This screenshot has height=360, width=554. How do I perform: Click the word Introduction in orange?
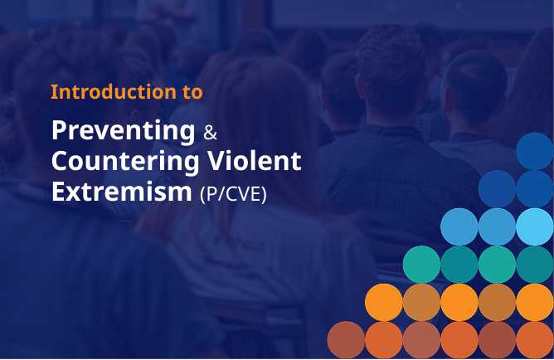(x=114, y=92)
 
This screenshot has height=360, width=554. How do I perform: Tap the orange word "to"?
(x=192, y=93)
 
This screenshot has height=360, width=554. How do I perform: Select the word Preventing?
(x=124, y=132)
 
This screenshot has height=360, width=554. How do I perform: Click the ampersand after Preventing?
(x=210, y=133)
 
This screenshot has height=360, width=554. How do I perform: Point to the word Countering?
(x=125, y=162)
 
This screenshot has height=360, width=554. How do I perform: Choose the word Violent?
(x=254, y=161)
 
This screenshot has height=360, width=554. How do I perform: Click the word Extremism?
(x=122, y=191)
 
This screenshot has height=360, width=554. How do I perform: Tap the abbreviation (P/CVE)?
(x=233, y=194)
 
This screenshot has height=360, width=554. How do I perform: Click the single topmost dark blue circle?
(x=535, y=151)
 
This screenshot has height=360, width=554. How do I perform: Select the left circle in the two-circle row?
(x=497, y=188)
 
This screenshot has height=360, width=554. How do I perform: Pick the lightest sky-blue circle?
(x=535, y=226)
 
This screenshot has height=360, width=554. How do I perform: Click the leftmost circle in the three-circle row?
(x=459, y=226)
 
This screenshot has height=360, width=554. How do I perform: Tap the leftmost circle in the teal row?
(x=421, y=265)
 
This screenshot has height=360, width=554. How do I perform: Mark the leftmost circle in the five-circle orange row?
(x=384, y=303)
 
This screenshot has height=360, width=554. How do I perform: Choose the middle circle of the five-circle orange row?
(x=459, y=303)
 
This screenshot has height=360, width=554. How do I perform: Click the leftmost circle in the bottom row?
(x=346, y=340)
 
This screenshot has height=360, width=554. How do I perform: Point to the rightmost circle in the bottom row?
(x=535, y=340)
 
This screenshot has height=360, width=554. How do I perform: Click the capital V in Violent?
(x=218, y=161)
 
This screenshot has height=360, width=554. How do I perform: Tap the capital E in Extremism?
(x=60, y=192)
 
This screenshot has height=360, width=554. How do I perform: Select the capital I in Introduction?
(x=54, y=92)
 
